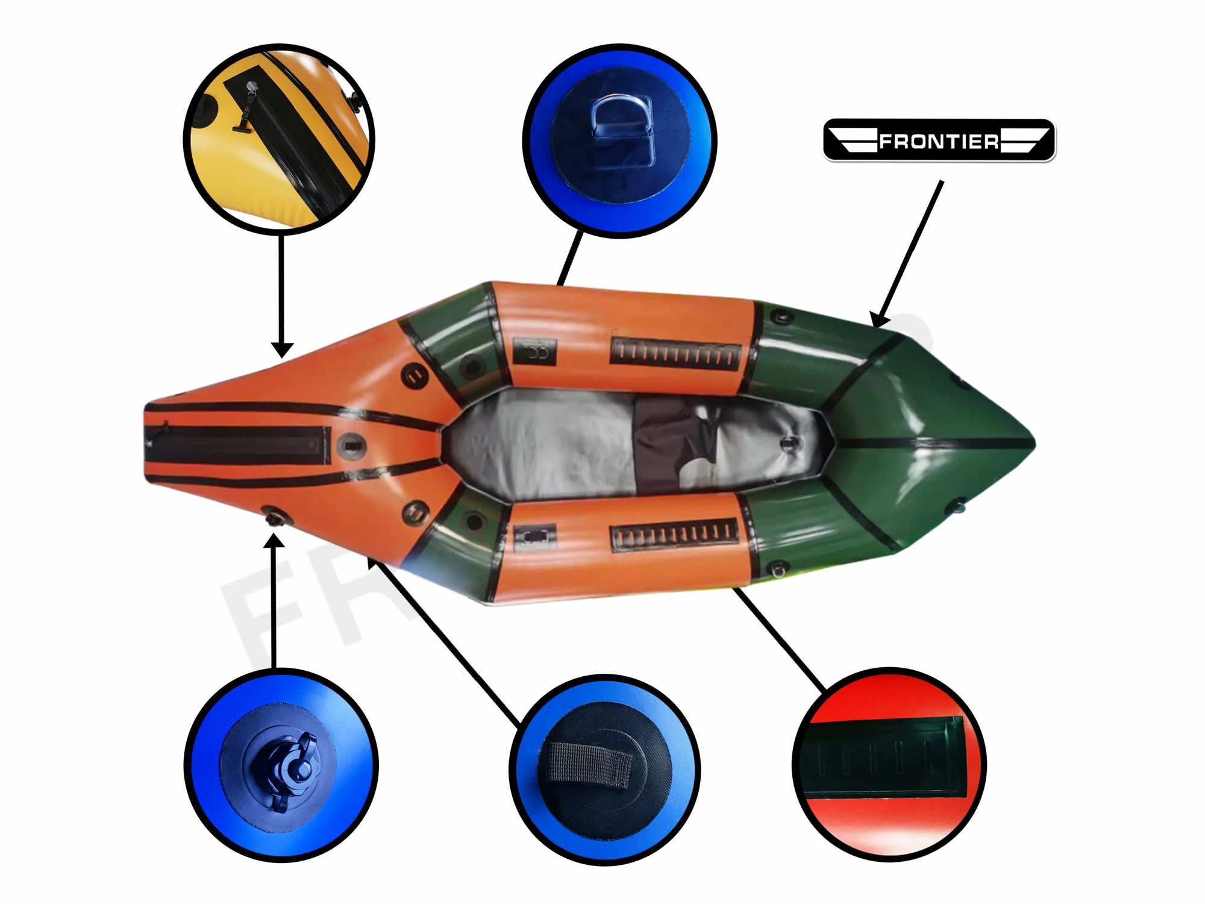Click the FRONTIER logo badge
[939, 140]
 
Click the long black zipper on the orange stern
[238, 445]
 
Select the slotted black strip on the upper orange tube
[675, 353]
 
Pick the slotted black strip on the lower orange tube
[675, 534]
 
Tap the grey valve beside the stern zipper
[351, 447]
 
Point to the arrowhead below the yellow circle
[281, 350]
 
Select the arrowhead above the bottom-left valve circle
[274, 540]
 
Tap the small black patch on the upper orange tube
[534, 351]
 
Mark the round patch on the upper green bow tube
[781, 316]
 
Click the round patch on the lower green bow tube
[778, 568]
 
